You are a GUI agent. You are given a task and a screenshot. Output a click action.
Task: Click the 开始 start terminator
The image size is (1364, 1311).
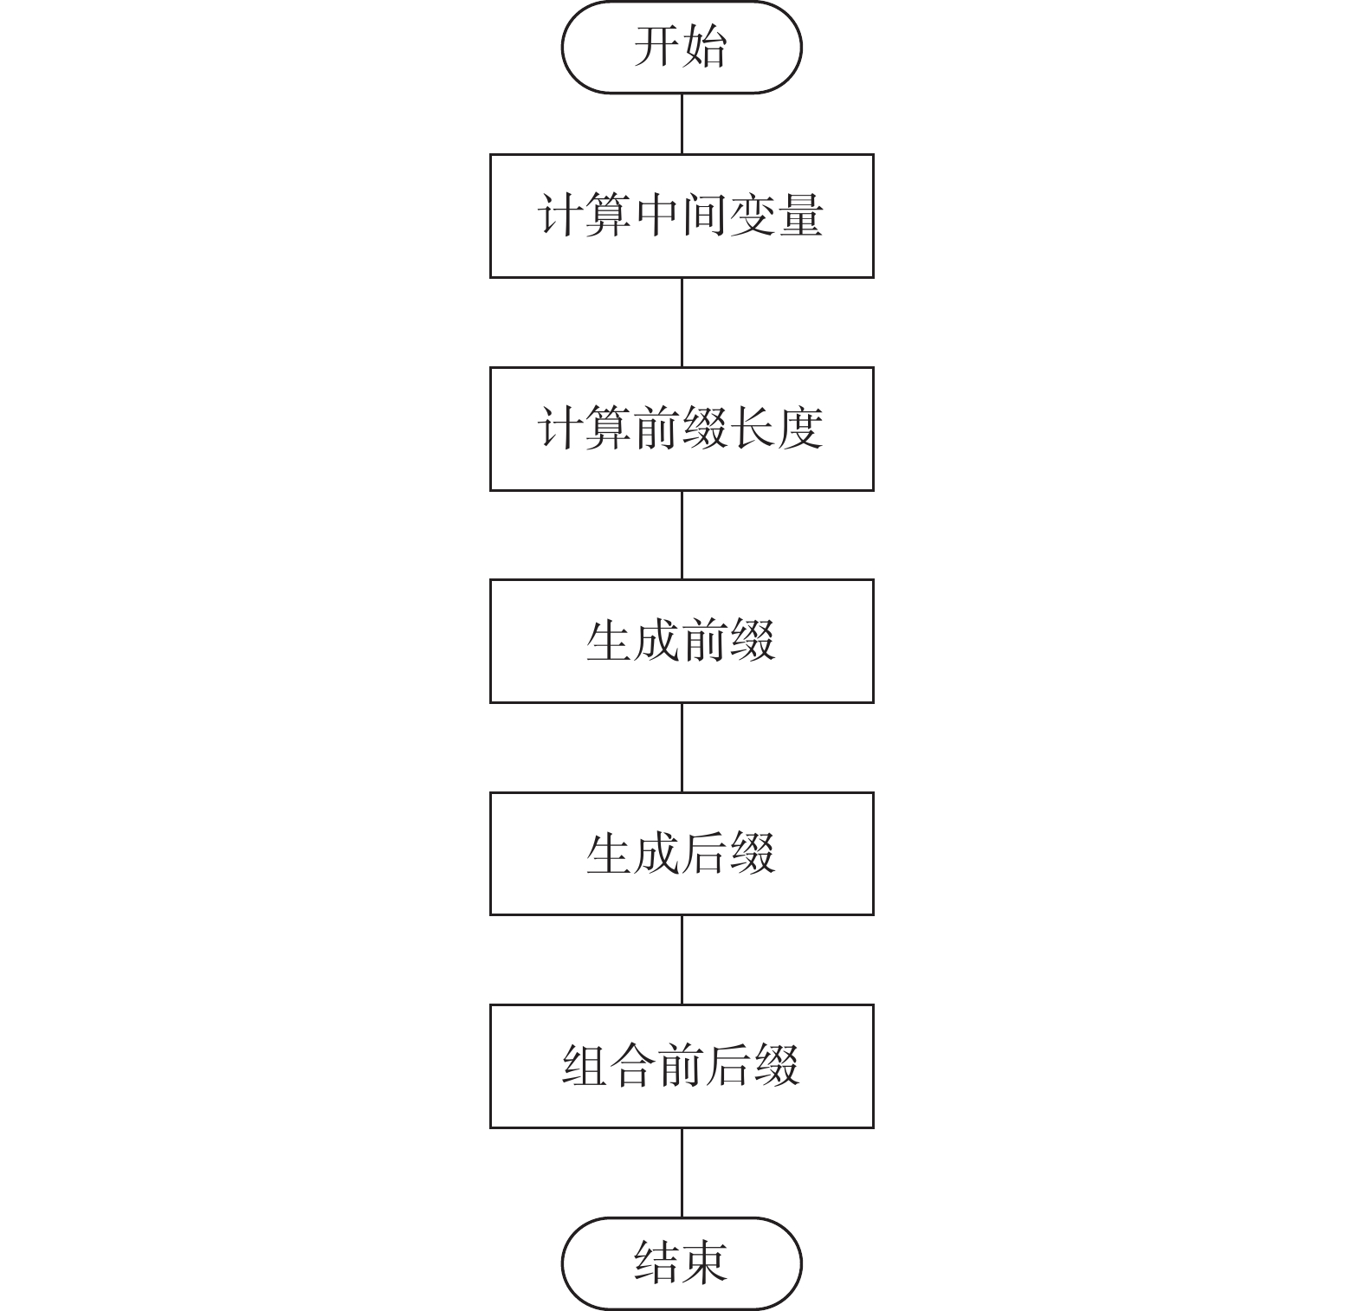681,47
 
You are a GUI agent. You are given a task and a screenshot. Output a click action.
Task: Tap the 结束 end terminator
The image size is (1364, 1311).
681,1263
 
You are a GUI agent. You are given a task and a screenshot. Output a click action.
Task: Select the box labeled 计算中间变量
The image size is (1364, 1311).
681,216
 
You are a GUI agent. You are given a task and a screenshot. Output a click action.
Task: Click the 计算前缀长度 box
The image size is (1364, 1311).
681,429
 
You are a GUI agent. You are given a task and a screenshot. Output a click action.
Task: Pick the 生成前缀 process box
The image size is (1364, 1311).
681,641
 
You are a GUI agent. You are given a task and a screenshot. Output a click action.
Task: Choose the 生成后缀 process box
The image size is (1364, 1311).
681,854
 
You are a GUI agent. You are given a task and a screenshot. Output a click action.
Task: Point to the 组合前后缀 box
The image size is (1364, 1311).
681,1066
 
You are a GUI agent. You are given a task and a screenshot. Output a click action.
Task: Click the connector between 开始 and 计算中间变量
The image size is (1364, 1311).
682,124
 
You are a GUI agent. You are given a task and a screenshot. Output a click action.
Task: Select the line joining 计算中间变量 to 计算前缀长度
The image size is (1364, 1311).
682,322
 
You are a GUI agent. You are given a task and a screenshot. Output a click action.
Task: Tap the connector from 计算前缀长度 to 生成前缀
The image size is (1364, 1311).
682,535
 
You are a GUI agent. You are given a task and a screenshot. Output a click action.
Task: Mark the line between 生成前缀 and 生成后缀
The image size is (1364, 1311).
682,747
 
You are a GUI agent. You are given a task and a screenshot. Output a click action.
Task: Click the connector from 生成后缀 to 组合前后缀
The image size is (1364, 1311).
682,959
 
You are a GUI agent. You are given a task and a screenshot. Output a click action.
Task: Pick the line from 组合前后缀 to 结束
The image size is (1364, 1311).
682,1172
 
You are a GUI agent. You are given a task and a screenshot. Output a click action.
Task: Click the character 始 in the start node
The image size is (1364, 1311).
704,47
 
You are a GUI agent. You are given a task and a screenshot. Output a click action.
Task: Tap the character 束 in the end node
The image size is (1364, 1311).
704,1263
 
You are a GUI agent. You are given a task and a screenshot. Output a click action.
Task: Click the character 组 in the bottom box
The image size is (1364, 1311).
585,1066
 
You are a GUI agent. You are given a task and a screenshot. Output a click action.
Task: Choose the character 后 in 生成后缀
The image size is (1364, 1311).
704,854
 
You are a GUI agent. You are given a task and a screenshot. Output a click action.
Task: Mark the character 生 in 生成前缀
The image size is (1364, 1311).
609,641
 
